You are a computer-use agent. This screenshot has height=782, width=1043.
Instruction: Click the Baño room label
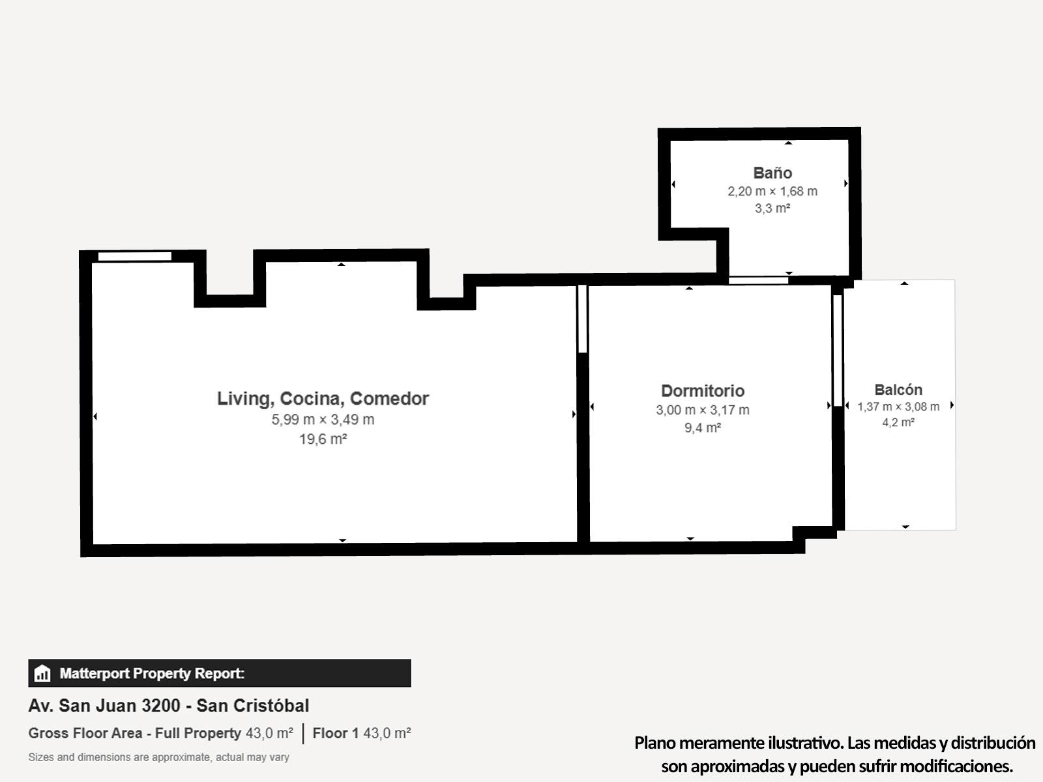click(772, 173)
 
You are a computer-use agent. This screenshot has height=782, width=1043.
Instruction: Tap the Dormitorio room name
click(703, 391)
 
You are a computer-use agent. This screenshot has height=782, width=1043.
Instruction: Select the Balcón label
click(898, 390)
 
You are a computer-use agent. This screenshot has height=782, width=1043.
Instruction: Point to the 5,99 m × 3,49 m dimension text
click(323, 420)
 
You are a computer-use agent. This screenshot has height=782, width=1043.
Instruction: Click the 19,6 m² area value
click(323, 439)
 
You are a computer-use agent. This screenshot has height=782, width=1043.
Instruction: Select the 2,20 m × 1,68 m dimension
click(772, 192)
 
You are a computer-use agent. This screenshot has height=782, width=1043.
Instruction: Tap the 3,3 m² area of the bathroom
click(772, 209)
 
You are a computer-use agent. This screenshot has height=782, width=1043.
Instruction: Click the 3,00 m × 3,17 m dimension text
click(702, 410)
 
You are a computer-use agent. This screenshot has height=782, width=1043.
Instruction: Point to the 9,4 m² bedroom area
click(702, 427)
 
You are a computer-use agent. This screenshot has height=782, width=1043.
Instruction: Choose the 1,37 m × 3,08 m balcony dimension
click(898, 407)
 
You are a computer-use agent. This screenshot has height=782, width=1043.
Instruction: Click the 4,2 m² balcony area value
click(898, 422)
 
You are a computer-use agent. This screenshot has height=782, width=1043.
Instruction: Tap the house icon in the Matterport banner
click(42, 673)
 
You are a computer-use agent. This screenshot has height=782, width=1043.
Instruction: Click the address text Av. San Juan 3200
click(104, 706)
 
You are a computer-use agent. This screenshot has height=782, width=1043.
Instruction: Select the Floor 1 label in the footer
click(336, 733)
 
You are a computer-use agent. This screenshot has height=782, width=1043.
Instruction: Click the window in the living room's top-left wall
click(134, 256)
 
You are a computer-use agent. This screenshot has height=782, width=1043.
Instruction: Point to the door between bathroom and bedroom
click(758, 280)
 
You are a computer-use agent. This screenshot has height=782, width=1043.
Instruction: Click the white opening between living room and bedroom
click(582, 319)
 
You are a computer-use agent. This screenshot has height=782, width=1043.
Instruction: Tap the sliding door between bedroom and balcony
click(837, 351)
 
